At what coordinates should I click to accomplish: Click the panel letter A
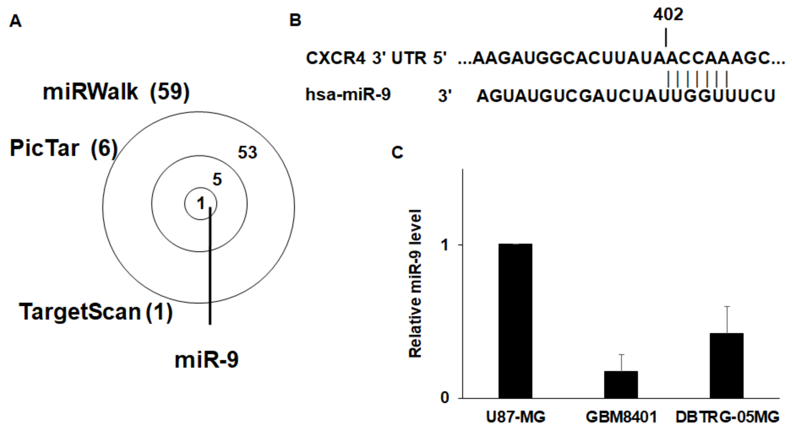pos(15,21)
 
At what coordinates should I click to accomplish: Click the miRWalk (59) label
pos(116,92)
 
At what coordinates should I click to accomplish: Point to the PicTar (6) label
pos(64,148)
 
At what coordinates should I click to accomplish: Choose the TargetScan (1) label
pos(96,312)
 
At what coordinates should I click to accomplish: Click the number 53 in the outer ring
pos(247,152)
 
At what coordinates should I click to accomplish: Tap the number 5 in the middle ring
pos(217,180)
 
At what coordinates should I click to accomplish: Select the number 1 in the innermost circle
pos(201,203)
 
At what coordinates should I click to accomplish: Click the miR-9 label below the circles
pos(206,360)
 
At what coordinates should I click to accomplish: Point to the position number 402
pos(668,14)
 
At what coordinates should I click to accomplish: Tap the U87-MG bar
pos(515,321)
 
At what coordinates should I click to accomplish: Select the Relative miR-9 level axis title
pos(415,283)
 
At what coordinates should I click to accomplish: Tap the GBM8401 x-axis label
pos(621,417)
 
